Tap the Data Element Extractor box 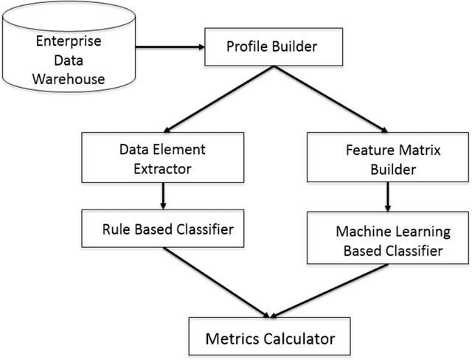click(x=163, y=159)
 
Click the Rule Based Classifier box click(x=163, y=229)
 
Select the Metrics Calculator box click(x=270, y=339)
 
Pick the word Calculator click(x=297, y=339)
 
